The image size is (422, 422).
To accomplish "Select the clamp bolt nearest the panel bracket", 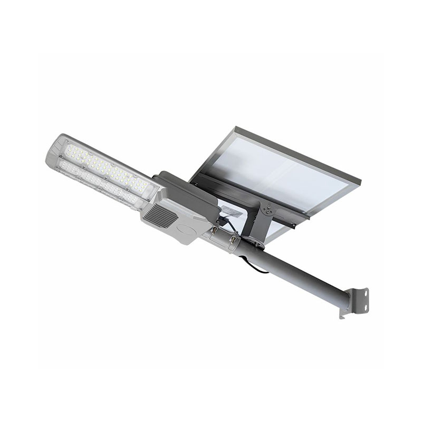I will pyautogui.click(x=233, y=240).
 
